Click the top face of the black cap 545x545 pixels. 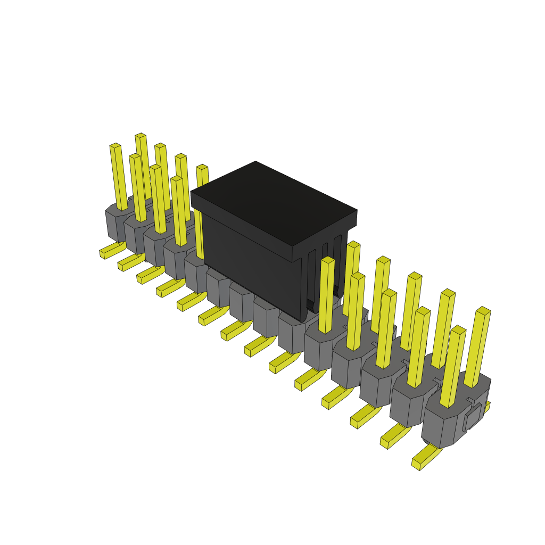tap(274, 202)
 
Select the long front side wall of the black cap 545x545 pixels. tap(250, 266)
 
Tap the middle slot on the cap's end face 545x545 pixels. tap(324, 277)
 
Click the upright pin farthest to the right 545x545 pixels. tap(480, 346)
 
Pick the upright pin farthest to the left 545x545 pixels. tap(118, 176)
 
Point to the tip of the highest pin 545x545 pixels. tap(141, 136)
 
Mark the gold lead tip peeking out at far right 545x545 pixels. tap(486, 407)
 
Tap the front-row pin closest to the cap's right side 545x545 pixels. tap(326, 295)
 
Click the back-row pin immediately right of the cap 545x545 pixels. tap(352, 277)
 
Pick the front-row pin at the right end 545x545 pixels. tap(452, 367)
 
